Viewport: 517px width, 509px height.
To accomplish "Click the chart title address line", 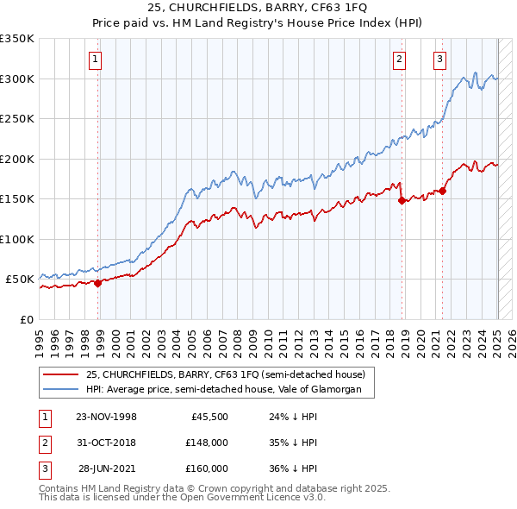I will [x=258, y=8].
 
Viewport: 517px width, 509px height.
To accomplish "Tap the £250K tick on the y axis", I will [x=17, y=119].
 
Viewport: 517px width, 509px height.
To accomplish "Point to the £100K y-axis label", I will [x=17, y=239].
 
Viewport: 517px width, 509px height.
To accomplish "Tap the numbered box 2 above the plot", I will [x=400, y=60].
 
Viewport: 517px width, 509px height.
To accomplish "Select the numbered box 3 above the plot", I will [x=439, y=60].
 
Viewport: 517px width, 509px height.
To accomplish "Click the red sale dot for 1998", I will [x=98, y=282].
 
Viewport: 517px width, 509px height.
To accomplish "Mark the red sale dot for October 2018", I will [x=402, y=200].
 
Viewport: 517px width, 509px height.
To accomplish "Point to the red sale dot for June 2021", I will [x=443, y=191].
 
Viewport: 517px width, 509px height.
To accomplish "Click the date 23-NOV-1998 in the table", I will [x=107, y=417].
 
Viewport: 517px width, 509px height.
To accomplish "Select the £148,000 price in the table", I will [x=206, y=443].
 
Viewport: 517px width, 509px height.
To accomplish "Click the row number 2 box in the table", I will [x=43, y=443].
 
